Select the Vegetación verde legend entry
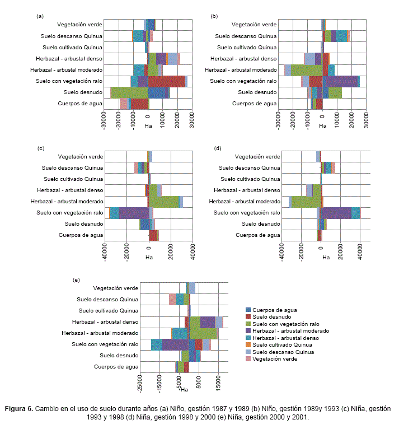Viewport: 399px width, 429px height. tap(274, 359)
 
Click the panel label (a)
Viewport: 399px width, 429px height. tap(40, 16)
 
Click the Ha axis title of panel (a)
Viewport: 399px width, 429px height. tap(148, 125)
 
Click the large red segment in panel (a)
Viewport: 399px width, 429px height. tap(166, 81)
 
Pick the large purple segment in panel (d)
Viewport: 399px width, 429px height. tap(336, 213)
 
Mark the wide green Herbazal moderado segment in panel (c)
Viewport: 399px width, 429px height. tap(164, 202)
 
